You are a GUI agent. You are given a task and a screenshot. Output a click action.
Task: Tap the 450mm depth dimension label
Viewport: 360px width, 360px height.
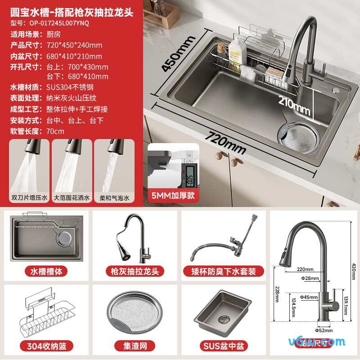(173, 54)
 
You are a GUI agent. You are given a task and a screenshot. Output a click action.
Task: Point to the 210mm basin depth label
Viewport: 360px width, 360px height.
(294, 105)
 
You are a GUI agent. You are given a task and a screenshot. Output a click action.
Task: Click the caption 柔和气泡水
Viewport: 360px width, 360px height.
(114, 197)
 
